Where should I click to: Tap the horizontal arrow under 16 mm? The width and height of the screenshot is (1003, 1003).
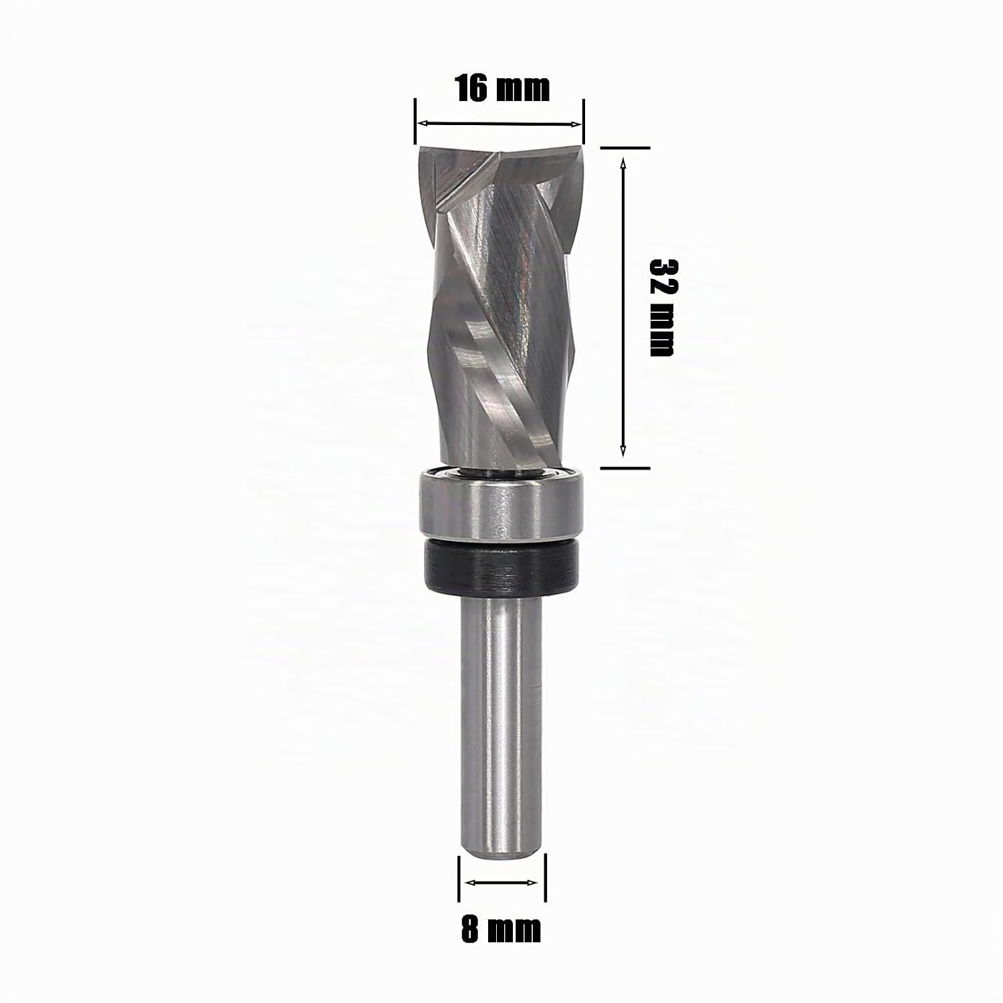pos(499,124)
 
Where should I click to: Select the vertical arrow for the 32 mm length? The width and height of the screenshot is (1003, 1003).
pos(623,308)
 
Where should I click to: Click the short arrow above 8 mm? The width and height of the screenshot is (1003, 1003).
pos(502,883)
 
